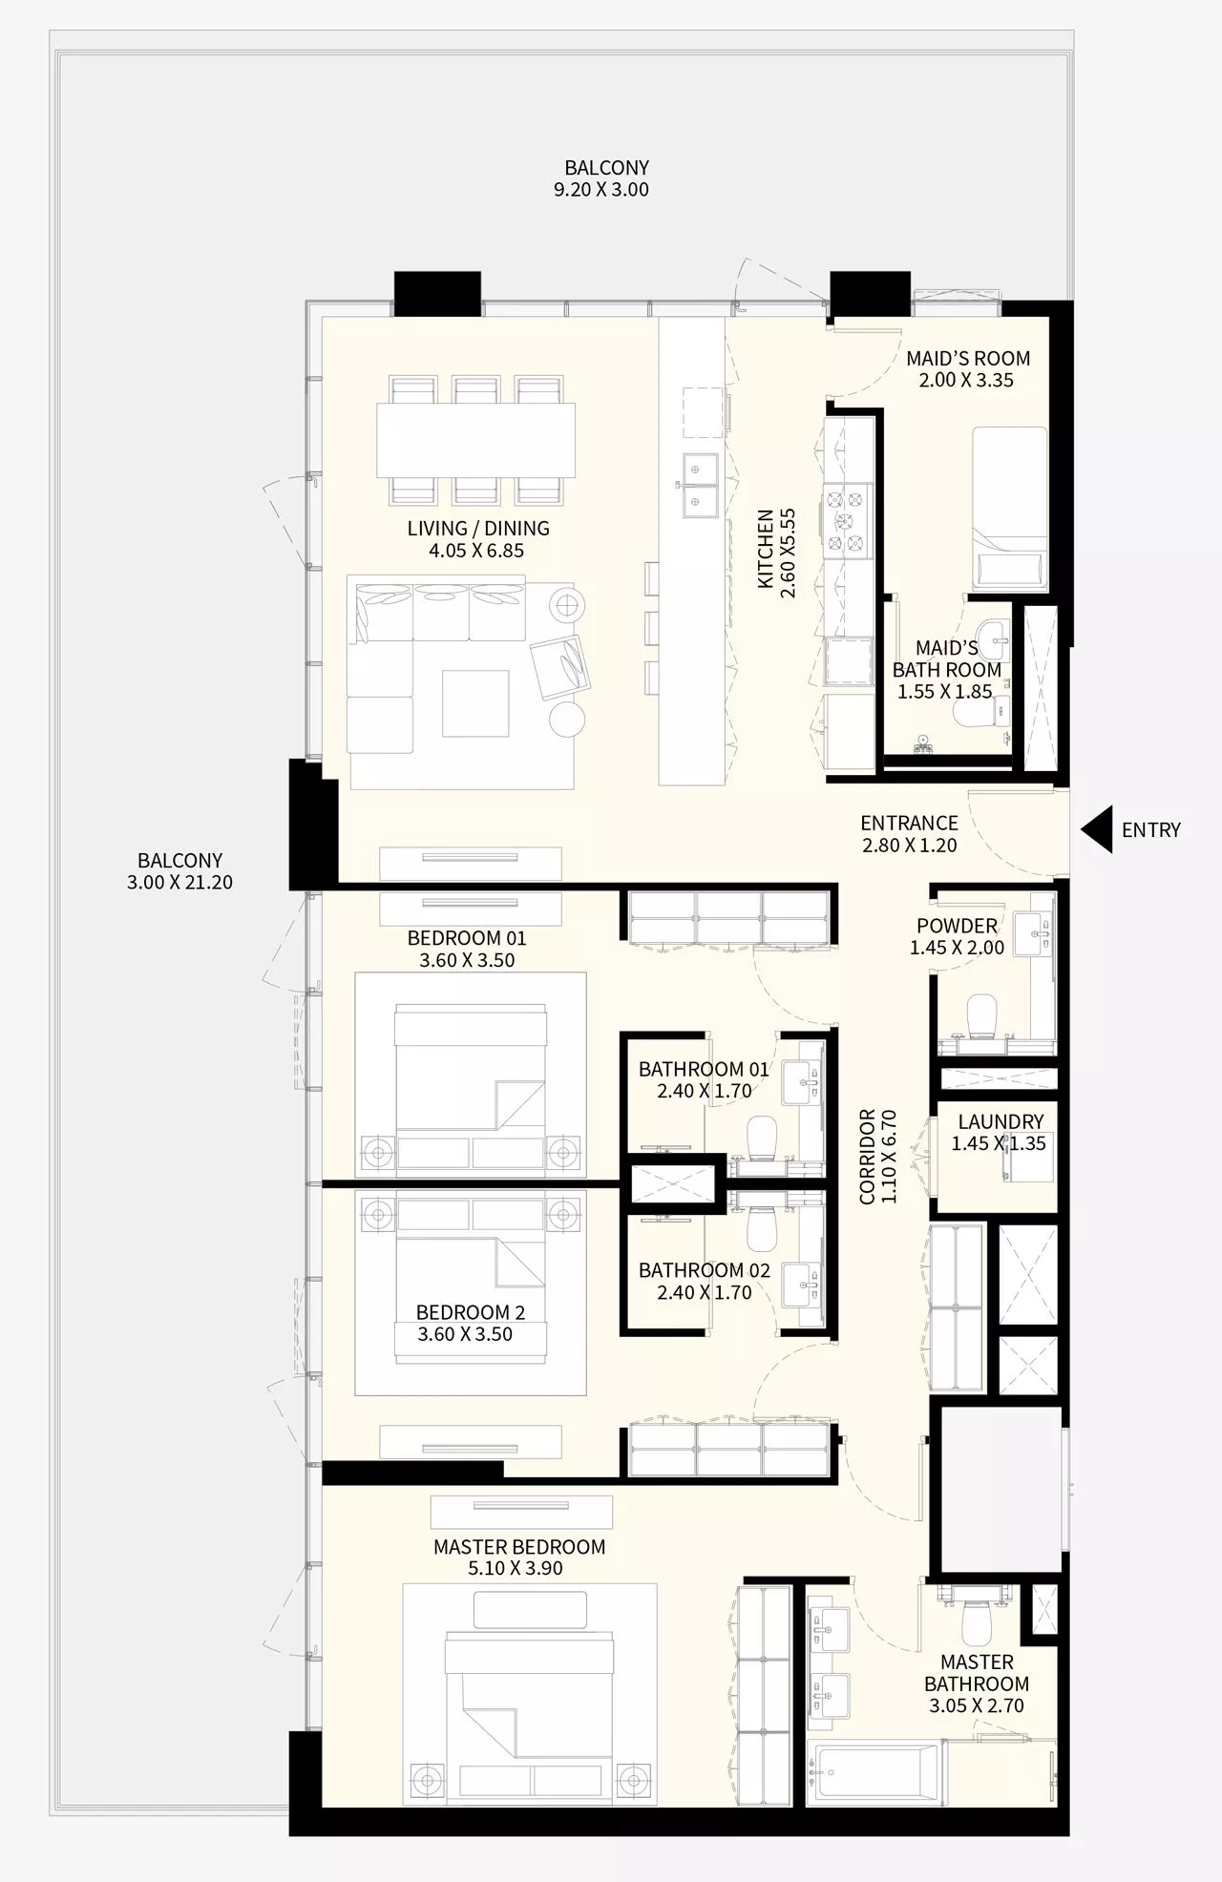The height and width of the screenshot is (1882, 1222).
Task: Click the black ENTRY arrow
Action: click(x=1098, y=829)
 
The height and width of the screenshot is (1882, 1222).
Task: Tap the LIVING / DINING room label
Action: click(x=477, y=528)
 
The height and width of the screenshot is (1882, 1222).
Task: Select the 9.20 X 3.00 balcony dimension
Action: click(x=601, y=190)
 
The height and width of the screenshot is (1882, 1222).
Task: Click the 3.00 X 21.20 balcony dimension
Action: click(x=179, y=883)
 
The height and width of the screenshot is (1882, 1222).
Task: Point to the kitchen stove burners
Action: click(x=847, y=521)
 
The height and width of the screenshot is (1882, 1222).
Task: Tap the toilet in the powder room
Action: click(x=981, y=1016)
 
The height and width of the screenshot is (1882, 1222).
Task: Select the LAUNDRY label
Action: click(x=1001, y=1121)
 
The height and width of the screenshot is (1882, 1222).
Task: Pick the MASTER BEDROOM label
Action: click(x=518, y=1547)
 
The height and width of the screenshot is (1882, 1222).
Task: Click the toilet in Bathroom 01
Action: click(x=761, y=1137)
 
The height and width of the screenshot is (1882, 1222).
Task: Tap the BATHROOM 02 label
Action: click(x=704, y=1270)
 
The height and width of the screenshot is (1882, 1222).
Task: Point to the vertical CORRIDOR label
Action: click(x=867, y=1157)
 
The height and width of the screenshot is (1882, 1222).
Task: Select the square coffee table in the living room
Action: click(x=475, y=702)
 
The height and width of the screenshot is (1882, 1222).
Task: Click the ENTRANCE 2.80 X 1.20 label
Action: click(x=909, y=833)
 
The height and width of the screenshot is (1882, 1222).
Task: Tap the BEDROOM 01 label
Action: click(x=466, y=938)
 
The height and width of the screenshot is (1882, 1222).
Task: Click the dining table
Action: click(x=475, y=440)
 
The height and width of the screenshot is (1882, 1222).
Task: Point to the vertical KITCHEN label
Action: click(x=766, y=549)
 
